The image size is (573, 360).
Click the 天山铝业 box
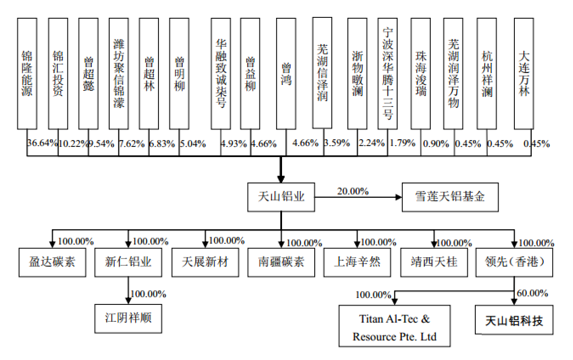[281, 197]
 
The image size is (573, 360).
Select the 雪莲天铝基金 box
[450, 197]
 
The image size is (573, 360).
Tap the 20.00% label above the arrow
[353, 191]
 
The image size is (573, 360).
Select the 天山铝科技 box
[514, 321]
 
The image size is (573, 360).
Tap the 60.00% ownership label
[532, 293]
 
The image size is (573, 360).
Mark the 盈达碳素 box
[53, 262]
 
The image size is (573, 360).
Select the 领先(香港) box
[514, 262]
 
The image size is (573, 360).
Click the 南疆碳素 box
[281, 262]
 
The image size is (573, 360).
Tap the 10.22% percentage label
[73, 143]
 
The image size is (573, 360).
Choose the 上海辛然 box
[357, 262]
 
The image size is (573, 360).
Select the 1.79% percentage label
[402, 143]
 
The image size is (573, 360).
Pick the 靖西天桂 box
[434, 262]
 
